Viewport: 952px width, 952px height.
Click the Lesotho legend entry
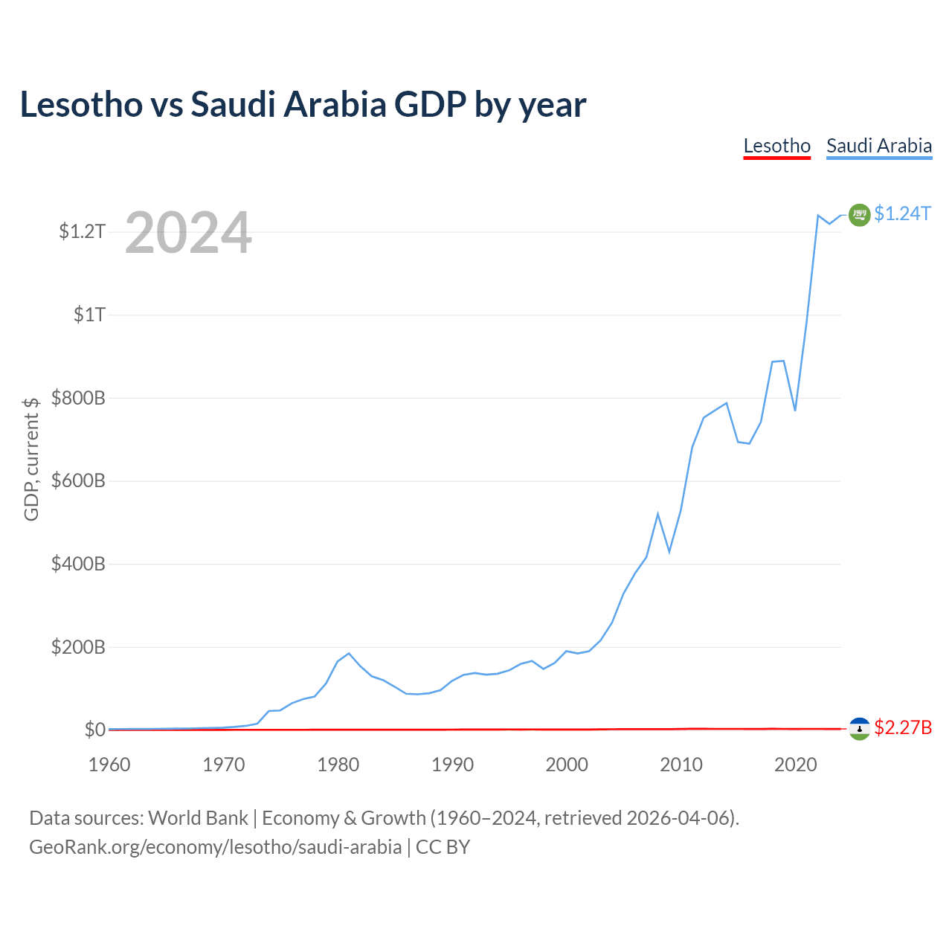(776, 146)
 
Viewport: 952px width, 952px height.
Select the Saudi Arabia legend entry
(879, 146)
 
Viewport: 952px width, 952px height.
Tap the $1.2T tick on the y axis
(82, 232)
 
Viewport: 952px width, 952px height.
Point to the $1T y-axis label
(89, 315)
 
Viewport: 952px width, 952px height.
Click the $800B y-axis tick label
(78, 398)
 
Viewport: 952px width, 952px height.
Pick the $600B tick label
(78, 481)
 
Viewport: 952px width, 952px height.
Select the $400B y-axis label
(78, 564)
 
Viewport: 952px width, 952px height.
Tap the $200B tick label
(78, 647)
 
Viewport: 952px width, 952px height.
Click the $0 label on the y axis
(94, 730)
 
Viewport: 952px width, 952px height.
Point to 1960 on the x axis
(109, 765)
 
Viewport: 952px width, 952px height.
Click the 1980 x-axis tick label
(338, 765)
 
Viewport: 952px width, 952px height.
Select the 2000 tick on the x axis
(567, 765)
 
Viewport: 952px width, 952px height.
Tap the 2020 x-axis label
(796, 765)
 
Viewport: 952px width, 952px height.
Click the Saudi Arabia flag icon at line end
(859, 215)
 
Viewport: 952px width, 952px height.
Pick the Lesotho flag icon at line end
(859, 729)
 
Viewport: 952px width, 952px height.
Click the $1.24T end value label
(902, 214)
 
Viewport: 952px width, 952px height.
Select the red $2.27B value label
(903, 727)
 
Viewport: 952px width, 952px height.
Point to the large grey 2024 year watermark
(188, 234)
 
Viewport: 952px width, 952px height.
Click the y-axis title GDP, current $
(31, 459)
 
